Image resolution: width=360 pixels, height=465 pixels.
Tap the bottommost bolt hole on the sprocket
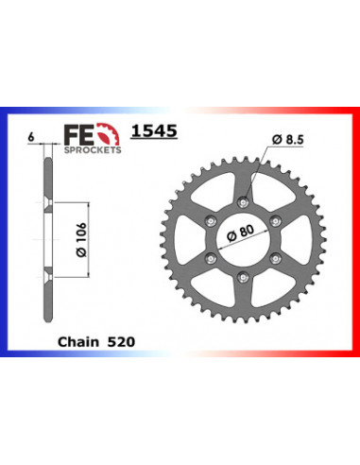click(243, 276)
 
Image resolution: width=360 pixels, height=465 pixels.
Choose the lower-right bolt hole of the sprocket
click(277, 256)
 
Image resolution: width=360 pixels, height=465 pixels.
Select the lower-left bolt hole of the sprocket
click(209, 256)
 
